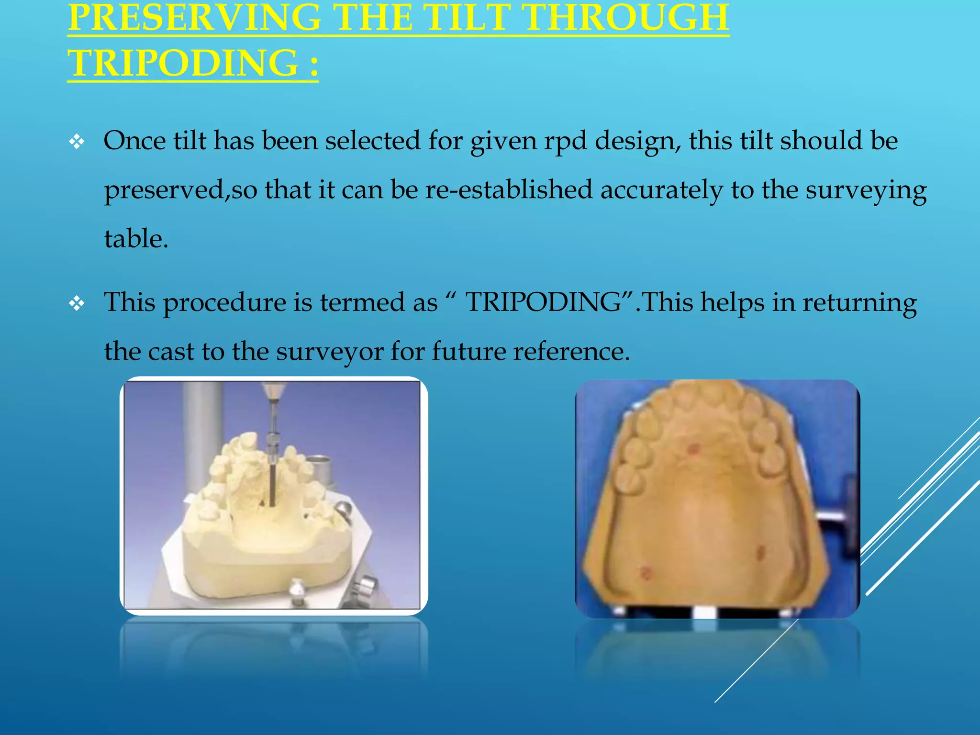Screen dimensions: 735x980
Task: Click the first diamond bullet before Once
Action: pyautogui.click(x=77, y=142)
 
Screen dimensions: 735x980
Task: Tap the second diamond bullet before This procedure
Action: pyautogui.click(x=77, y=303)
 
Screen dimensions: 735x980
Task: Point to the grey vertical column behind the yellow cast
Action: pyautogui.click(x=201, y=431)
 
